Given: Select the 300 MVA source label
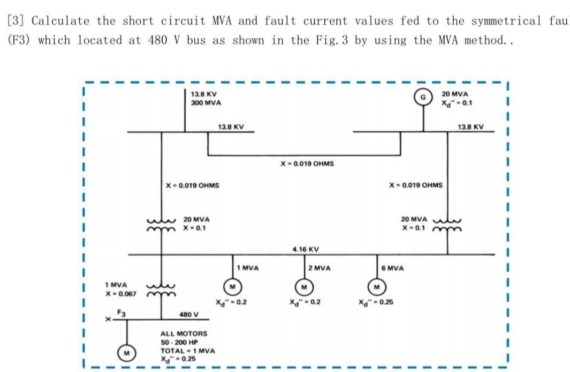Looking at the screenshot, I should (207, 103).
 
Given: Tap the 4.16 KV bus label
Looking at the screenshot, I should (306, 249).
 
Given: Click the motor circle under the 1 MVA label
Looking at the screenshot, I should (232, 285).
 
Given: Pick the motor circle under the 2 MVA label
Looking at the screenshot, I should (304, 285).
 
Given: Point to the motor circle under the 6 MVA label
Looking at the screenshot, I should (377, 285).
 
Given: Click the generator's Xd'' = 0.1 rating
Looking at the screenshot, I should (455, 103).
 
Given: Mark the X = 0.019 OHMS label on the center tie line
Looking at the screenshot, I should (307, 163).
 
